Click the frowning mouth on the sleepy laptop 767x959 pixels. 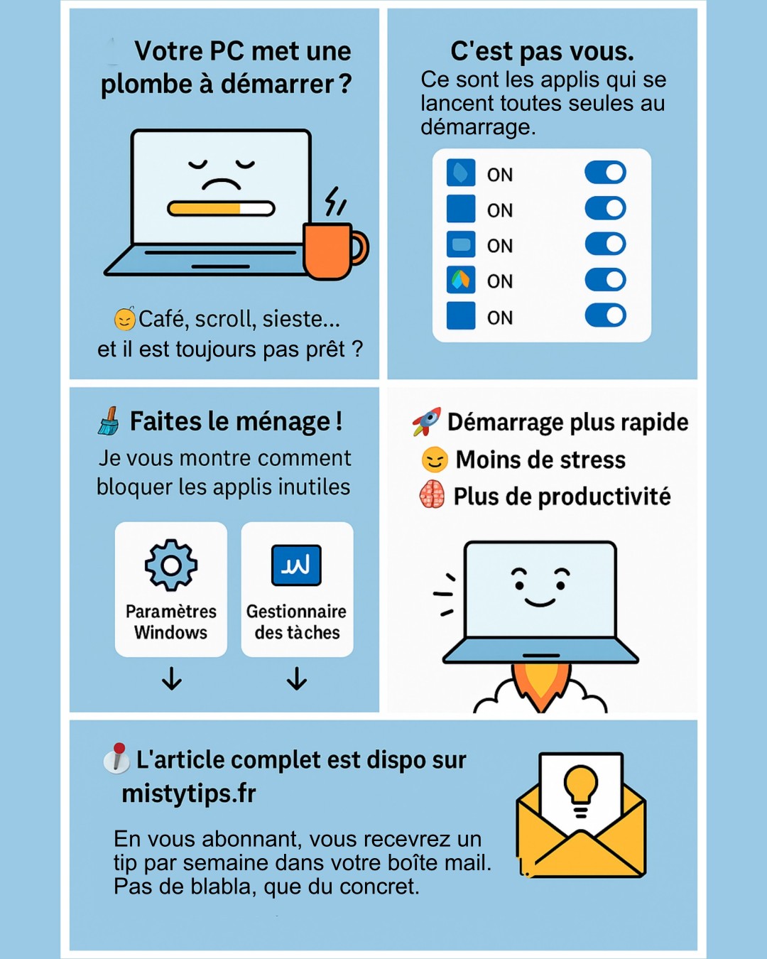click(221, 183)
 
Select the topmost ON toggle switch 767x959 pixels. click(605, 173)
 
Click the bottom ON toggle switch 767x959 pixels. click(605, 315)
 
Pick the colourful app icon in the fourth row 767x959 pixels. click(461, 280)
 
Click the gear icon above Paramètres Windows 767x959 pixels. click(171, 565)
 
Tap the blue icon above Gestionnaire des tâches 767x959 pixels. click(296, 565)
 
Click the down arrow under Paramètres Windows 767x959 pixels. click(172, 678)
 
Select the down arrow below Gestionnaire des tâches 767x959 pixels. click(297, 678)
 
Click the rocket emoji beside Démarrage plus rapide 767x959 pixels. click(427, 421)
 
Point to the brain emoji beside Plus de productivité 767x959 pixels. click(432, 494)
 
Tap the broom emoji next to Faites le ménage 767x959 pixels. click(109, 421)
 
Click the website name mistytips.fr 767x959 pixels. click(189, 793)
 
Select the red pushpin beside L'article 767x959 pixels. click(116, 757)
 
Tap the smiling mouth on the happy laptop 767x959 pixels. click(540, 602)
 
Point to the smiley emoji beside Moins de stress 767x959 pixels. click(434, 460)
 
